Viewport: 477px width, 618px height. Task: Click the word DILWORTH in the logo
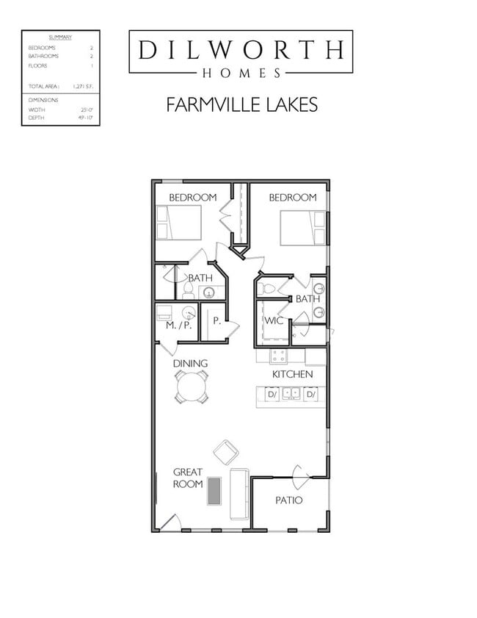(x=240, y=49)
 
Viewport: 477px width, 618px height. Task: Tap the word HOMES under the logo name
(x=241, y=73)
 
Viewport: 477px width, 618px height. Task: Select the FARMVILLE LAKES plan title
(x=241, y=104)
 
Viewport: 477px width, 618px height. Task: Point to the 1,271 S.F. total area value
(x=81, y=86)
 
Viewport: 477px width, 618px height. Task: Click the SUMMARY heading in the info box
(x=60, y=37)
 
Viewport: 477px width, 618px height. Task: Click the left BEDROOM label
(x=192, y=197)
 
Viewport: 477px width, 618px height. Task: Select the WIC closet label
(x=273, y=320)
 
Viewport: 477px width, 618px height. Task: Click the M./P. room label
(x=178, y=326)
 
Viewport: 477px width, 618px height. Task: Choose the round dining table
(x=192, y=386)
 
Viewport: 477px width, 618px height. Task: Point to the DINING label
(x=190, y=363)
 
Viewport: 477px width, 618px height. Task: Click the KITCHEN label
(x=292, y=374)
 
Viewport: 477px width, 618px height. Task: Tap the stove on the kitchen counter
(x=278, y=356)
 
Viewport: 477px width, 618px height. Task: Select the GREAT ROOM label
(x=188, y=478)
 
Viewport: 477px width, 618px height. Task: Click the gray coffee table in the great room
(x=214, y=492)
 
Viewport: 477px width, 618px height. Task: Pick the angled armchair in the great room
(x=225, y=450)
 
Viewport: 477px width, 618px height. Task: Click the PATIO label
(x=289, y=500)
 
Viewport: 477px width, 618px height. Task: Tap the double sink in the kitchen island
(x=291, y=394)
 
